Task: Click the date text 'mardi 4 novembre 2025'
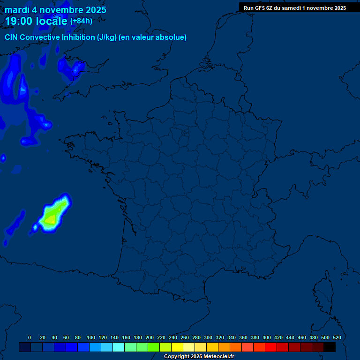click(x=55, y=10)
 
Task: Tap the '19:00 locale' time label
click(x=37, y=21)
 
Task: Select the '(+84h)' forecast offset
click(x=81, y=21)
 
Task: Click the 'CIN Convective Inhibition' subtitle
click(x=51, y=37)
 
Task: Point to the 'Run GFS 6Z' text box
click(x=295, y=8)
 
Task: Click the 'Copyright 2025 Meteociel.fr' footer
click(x=199, y=357)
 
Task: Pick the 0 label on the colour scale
click(x=30, y=337)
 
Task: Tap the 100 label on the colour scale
click(x=91, y=337)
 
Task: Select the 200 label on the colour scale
click(x=150, y=337)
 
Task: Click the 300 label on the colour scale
click(x=208, y=337)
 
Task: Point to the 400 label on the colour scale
click(x=267, y=337)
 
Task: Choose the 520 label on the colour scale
click(x=337, y=337)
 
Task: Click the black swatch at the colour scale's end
click(x=330, y=347)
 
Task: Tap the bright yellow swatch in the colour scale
click(x=177, y=347)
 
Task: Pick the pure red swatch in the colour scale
click(x=271, y=347)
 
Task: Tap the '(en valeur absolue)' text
click(x=153, y=37)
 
